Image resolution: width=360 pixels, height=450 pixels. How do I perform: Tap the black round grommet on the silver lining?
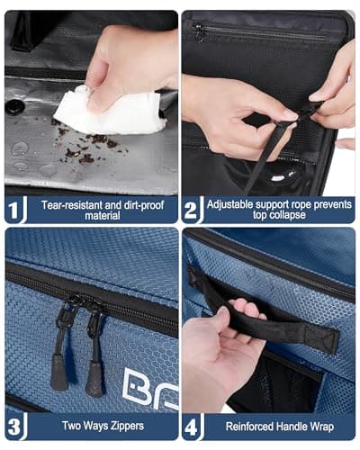(15, 106)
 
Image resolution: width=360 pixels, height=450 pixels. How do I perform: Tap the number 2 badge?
(191, 210)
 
